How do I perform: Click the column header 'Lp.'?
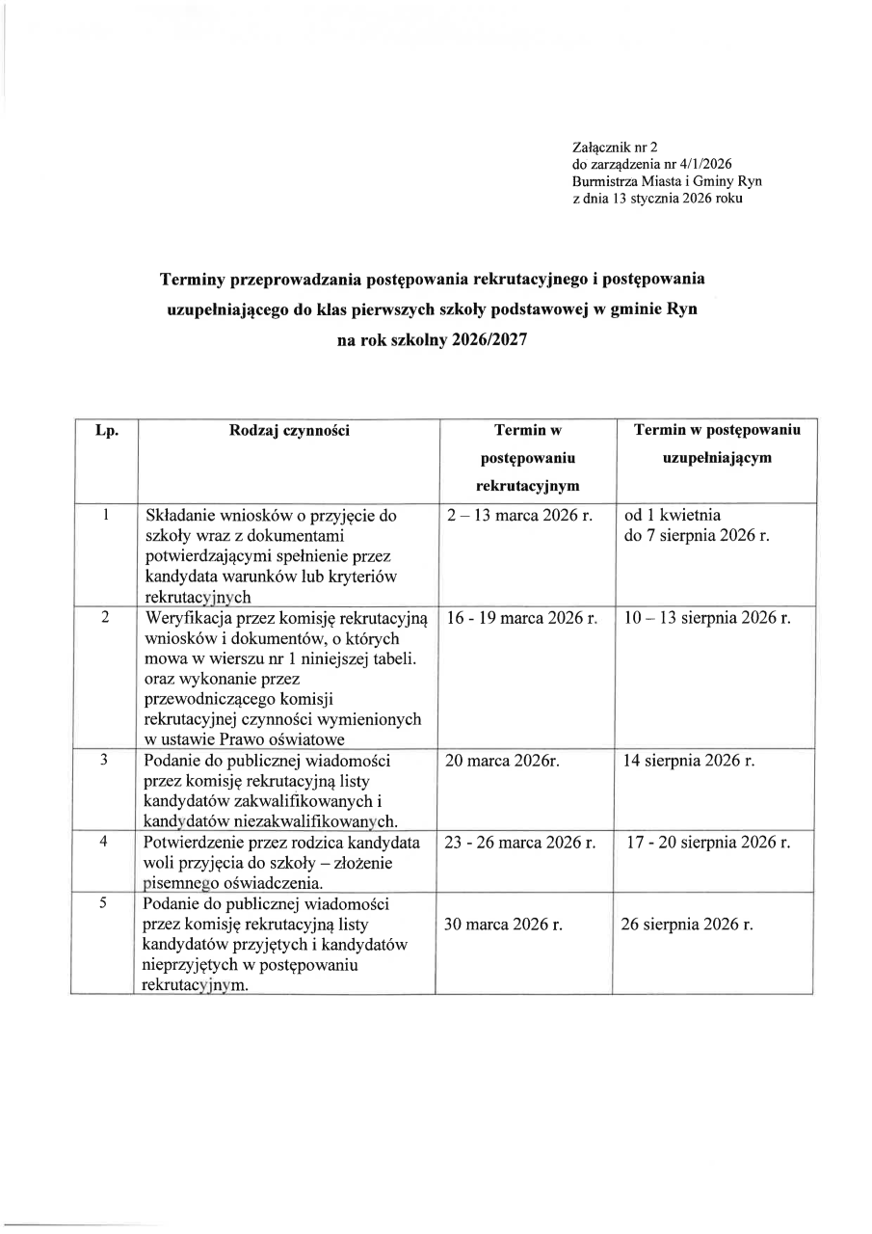coord(106,431)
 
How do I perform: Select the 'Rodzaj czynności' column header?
coord(289,431)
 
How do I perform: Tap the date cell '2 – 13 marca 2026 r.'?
coord(519,516)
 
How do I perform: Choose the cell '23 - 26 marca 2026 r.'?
coord(521,843)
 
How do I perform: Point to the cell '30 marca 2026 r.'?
coord(503,925)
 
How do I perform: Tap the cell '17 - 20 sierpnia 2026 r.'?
coord(708,843)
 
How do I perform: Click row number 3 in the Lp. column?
coord(105,761)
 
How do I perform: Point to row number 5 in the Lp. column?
coord(105,903)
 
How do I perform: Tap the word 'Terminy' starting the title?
coord(189,279)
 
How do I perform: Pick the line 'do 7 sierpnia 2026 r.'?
coord(697,536)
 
